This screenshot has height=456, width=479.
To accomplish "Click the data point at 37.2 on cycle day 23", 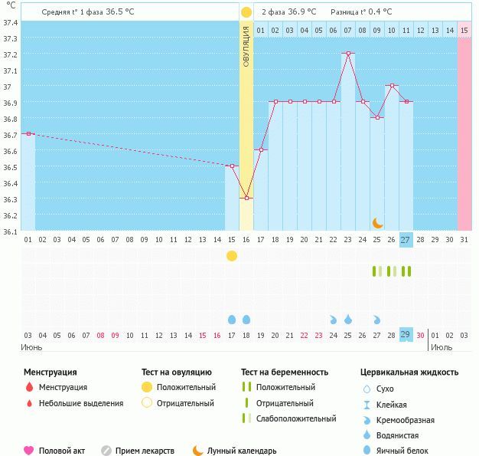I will pyautogui.click(x=348, y=53).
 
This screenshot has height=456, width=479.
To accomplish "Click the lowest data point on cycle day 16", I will pyautogui.click(x=246, y=198).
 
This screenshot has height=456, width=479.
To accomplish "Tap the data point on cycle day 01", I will pyautogui.click(x=28, y=133).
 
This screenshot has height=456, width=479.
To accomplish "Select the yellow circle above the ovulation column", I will pyautogui.click(x=246, y=12).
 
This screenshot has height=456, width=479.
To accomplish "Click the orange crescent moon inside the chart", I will pyautogui.click(x=377, y=222).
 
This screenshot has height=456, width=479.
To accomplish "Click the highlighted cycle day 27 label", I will pyautogui.click(x=406, y=239).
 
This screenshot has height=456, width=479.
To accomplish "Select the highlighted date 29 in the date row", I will pyautogui.click(x=406, y=335).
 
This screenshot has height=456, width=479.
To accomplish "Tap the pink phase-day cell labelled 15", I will pyautogui.click(x=464, y=31).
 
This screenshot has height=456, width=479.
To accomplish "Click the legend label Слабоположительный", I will pyautogui.click(x=296, y=418).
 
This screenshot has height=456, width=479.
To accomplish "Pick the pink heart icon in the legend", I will pyautogui.click(x=29, y=451).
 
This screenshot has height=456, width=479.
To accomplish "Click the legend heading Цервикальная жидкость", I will pyautogui.click(x=409, y=372).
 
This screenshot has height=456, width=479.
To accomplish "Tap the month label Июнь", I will pyautogui.click(x=31, y=347).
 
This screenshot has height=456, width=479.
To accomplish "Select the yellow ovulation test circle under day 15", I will pyautogui.click(x=232, y=255).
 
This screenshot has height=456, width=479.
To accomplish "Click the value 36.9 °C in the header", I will pyautogui.click(x=302, y=12).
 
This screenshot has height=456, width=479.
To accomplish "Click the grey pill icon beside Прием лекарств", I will pyautogui.click(x=106, y=451).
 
